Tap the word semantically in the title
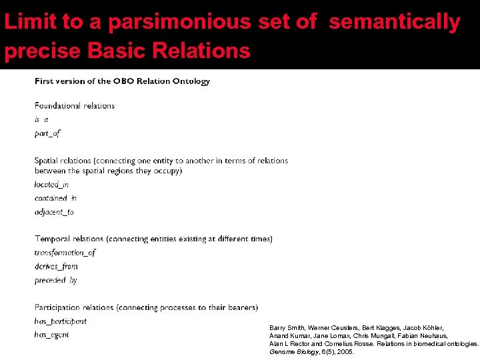395,22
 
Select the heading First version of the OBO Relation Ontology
122,81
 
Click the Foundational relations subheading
75,105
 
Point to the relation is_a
41,119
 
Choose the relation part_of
47,133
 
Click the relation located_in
51,185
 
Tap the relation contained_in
55,198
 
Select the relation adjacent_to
54,212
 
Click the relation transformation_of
65,253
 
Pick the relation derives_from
56,267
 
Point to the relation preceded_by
55,280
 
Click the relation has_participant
61,321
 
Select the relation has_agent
51,335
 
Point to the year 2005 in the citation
346,351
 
